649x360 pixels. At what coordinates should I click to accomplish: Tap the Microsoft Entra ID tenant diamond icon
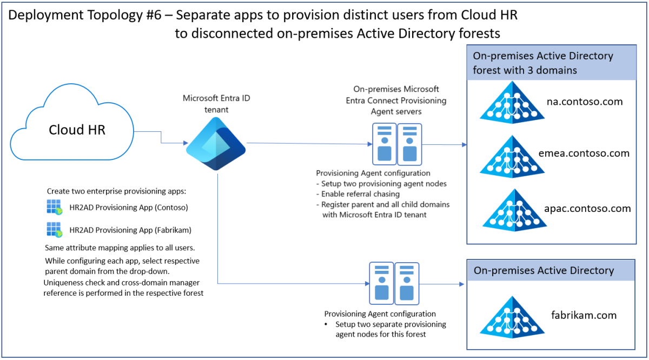tap(216, 143)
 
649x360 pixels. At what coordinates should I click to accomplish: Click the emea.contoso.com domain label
tap(584, 154)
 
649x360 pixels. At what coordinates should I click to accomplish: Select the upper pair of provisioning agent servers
tap(397, 143)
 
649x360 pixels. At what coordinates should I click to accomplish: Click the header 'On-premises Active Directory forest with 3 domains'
tap(543, 63)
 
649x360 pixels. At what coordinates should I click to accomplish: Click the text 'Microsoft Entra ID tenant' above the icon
tap(216, 103)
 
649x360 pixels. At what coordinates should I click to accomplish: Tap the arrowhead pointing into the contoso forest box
tap(463, 145)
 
